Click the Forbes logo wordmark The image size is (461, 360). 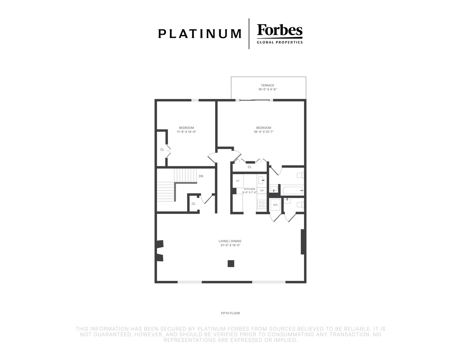pos(280,30)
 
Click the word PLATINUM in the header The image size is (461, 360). pos(200,34)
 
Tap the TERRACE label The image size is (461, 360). pos(267,85)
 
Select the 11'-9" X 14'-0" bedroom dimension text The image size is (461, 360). pos(186,132)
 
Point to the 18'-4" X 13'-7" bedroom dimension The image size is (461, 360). pos(264,132)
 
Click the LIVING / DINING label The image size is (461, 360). pos(230,241)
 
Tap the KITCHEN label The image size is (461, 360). pos(249,189)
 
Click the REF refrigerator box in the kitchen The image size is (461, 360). pos(238,181)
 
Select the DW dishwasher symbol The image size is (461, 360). pos(262,190)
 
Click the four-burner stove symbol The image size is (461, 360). pos(262,204)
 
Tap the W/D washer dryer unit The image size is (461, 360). pos(275,205)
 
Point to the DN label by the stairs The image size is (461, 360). pos(201,176)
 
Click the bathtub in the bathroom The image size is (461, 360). pos(293,190)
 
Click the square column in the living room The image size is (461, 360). pos(231,264)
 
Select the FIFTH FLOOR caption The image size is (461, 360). pos(230,313)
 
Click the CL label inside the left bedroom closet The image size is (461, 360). pos(162,149)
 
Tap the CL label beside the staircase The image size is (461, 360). pos(194,204)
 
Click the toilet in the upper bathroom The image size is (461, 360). pos(300,175)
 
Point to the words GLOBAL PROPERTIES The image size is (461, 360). pos(280,42)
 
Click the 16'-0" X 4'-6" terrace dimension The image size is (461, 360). pos(267,89)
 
